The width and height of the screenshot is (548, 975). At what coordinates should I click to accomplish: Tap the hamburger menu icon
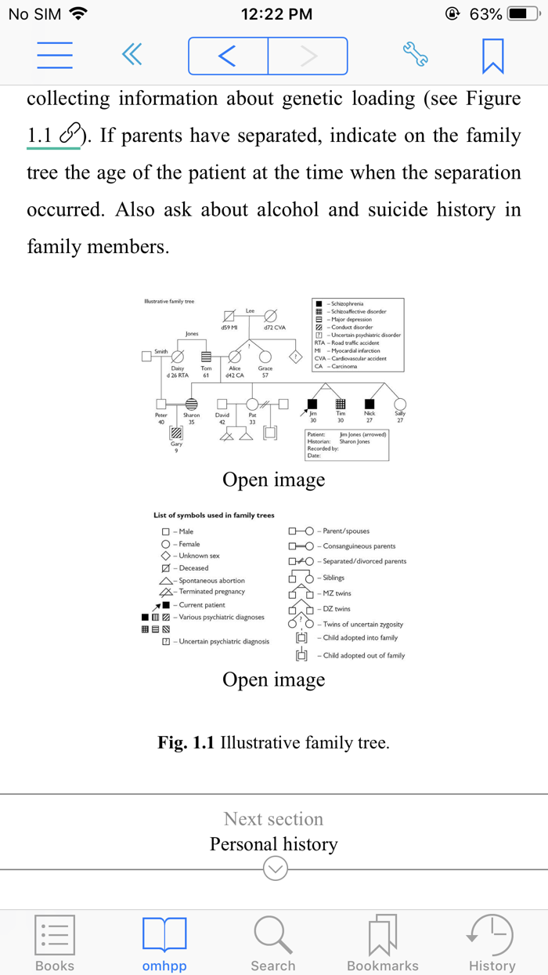tap(55, 55)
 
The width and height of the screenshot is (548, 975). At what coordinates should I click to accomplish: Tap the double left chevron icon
tap(132, 55)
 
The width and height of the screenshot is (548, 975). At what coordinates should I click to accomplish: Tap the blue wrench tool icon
tap(415, 55)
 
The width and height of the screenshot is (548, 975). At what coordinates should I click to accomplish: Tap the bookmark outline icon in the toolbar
tap(492, 56)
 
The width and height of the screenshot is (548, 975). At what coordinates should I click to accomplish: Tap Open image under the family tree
tap(273, 480)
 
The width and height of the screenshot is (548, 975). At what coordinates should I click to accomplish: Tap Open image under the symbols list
tap(273, 680)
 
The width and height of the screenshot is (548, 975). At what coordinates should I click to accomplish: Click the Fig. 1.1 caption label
tap(186, 742)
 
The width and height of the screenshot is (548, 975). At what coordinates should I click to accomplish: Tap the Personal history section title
tap(273, 844)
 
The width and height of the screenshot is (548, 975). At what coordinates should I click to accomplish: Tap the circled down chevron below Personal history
tap(276, 868)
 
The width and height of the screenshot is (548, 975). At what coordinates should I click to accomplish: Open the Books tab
tap(55, 943)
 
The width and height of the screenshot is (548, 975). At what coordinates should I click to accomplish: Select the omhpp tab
tap(164, 943)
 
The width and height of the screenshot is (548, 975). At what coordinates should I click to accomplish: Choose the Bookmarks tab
tap(383, 943)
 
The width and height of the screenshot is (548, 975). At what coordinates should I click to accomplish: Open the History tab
tap(492, 943)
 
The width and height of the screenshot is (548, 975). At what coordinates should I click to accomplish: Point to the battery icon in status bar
tap(522, 14)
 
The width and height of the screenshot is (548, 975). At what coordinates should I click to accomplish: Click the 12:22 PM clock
tap(276, 14)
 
